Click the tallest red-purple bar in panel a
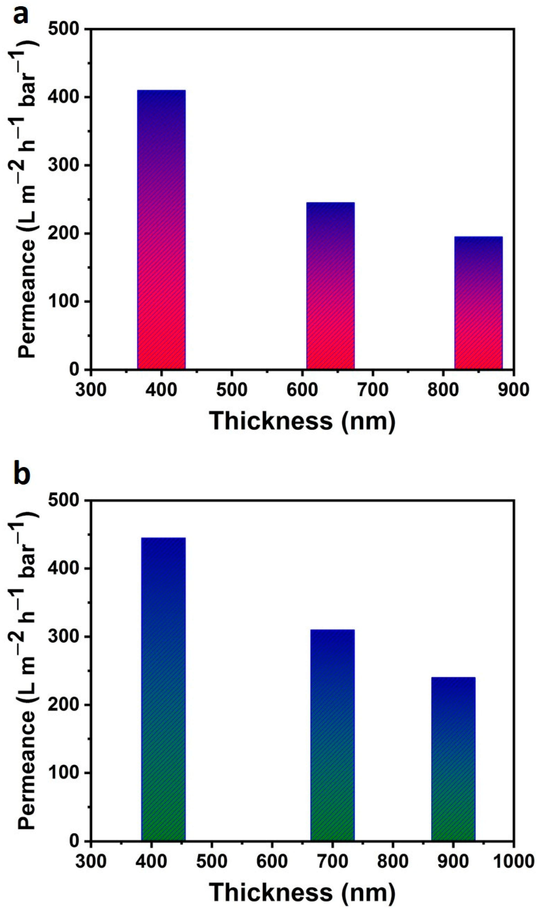(x=161, y=230)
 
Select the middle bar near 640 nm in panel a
(x=330, y=286)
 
